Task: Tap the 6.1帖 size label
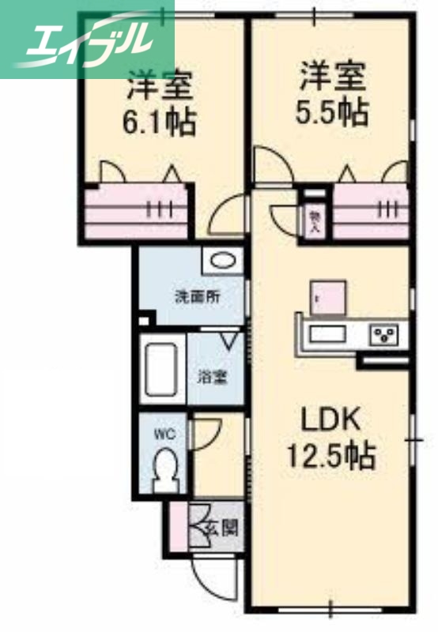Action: click(x=158, y=122)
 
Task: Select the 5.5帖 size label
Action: click(x=332, y=113)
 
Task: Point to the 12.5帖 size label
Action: click(x=330, y=454)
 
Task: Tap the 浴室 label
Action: click(x=211, y=376)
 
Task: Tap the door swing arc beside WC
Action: click(x=206, y=433)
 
